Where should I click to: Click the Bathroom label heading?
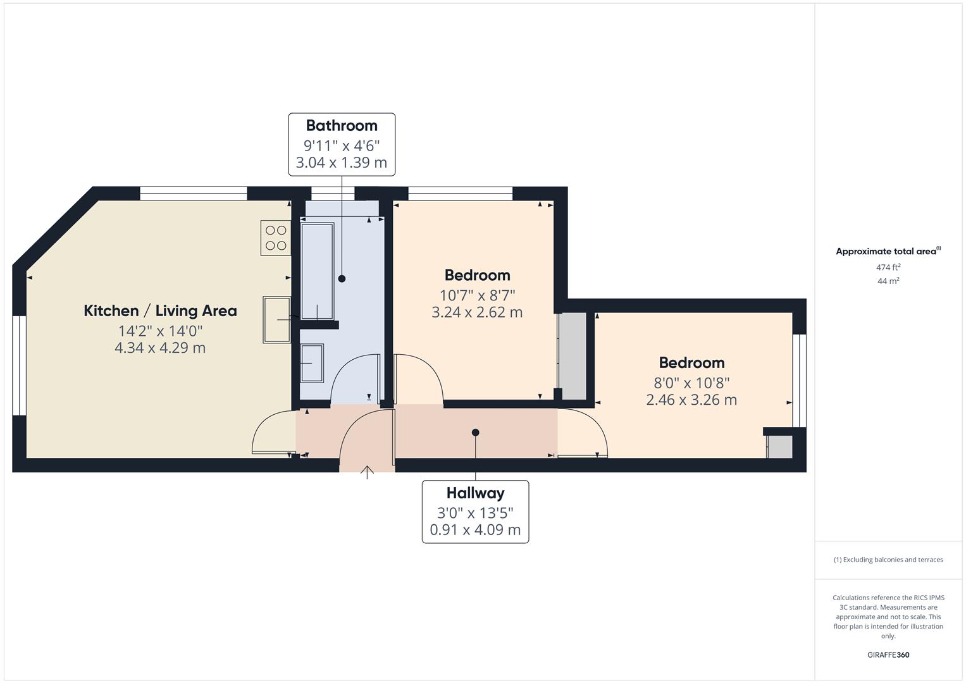click(x=342, y=126)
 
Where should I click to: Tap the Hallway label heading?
click(x=475, y=493)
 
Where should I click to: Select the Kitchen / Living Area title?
click(x=160, y=311)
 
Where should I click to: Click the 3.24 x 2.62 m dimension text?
click(x=477, y=312)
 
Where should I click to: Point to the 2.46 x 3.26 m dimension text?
click(x=691, y=400)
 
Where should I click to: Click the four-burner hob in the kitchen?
click(x=276, y=238)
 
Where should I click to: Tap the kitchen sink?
click(x=276, y=319)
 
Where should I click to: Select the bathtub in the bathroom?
click(x=317, y=271)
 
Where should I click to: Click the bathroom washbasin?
click(x=312, y=363)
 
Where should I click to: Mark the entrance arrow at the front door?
click(x=367, y=471)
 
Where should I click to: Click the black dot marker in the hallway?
click(x=475, y=433)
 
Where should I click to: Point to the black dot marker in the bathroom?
click(x=342, y=278)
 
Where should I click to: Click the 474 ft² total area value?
click(x=888, y=268)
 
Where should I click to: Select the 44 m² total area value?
click(x=888, y=281)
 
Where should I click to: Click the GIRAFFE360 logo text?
click(x=888, y=655)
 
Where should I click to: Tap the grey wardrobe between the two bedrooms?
click(x=573, y=355)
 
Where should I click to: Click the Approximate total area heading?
click(x=888, y=251)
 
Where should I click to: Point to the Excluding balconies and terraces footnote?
click(x=888, y=560)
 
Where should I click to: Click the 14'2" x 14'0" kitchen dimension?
click(x=160, y=331)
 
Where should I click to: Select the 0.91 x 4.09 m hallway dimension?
click(x=475, y=530)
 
